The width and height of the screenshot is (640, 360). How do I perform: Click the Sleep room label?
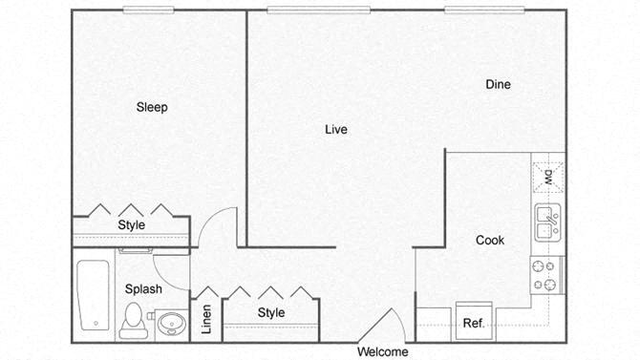tap(152, 107)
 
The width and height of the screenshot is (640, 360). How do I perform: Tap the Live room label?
tap(335, 129)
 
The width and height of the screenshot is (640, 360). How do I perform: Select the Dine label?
tap(498, 84)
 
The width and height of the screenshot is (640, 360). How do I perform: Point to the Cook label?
tap(490, 241)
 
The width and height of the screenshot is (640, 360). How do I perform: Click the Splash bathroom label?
tap(143, 288)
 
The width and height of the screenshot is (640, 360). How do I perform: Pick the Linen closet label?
tap(206, 321)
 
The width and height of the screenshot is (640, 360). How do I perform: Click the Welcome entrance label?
tap(382, 351)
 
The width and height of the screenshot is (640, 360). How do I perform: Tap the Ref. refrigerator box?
tap(474, 322)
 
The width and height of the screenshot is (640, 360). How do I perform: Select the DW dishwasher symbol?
tap(548, 176)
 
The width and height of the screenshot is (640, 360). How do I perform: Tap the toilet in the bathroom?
tap(134, 319)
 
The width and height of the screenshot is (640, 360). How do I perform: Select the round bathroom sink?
tap(172, 323)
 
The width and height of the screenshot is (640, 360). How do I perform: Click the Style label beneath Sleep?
tap(132, 224)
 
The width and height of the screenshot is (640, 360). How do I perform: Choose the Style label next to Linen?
tap(271, 312)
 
